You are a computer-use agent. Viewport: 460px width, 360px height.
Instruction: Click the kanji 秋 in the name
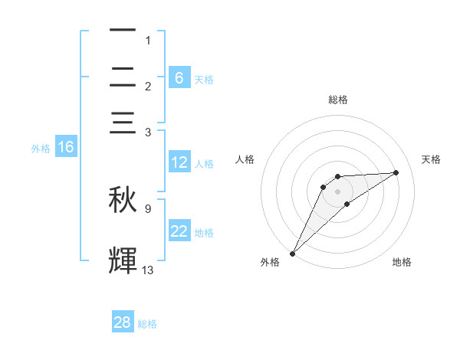tap(123, 200)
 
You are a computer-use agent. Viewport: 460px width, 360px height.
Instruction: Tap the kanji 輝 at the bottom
tap(123, 260)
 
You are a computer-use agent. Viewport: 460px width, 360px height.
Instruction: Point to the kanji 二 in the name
tap(123, 78)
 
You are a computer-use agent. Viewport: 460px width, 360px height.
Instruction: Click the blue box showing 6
tap(179, 77)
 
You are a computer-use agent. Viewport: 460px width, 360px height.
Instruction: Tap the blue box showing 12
tap(179, 162)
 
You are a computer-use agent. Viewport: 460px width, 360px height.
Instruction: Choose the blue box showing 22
tap(179, 231)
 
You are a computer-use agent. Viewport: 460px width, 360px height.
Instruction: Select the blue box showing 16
tap(66, 147)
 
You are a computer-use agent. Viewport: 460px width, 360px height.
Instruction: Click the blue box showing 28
tap(123, 322)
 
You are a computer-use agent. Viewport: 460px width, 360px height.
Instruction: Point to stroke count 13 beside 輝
tap(148, 270)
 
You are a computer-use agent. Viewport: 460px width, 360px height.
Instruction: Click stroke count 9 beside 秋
tap(148, 208)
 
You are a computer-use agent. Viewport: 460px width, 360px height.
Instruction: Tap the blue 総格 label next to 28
tap(148, 324)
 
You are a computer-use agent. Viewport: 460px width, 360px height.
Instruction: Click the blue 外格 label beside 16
tap(41, 149)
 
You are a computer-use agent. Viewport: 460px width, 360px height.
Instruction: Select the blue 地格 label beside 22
tap(204, 233)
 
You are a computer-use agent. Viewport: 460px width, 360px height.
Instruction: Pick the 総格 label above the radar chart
tap(337, 100)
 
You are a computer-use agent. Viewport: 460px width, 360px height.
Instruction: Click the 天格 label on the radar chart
tap(432, 159)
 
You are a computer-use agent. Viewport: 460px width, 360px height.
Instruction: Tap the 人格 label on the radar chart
tap(245, 159)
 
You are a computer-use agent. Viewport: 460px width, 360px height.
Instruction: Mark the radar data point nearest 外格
tap(292, 253)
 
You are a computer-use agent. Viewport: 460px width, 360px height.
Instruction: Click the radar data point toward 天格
tap(396, 172)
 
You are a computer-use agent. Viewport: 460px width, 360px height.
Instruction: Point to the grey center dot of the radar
tap(337, 191)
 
